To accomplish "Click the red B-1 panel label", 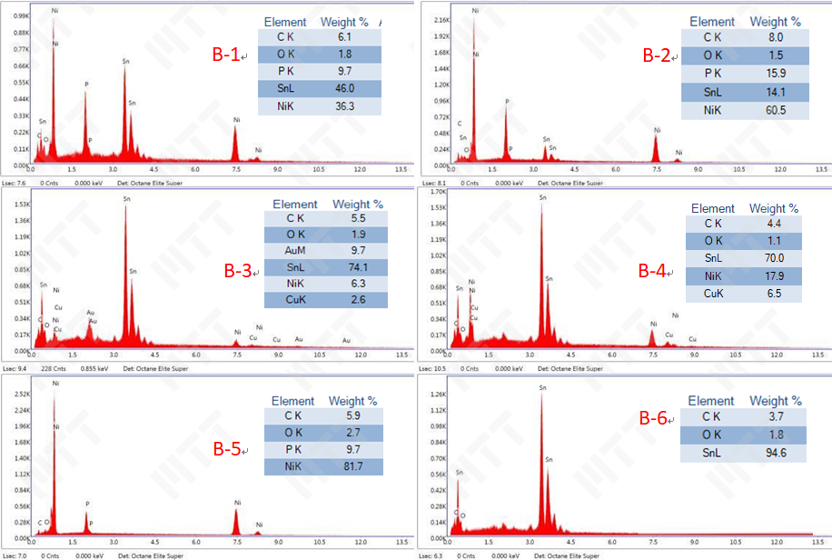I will coord(226,55).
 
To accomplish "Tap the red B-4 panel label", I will coord(651,270).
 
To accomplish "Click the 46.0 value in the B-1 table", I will coord(344,88).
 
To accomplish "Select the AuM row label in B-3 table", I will coord(295,249).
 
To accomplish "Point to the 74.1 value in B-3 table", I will coord(358,267).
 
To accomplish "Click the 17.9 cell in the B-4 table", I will coord(774,276).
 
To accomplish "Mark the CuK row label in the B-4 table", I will coord(713,294).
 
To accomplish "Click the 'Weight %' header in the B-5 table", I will coord(353,400).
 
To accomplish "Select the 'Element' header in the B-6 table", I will coord(710,400).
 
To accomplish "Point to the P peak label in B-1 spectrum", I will coord(86,85).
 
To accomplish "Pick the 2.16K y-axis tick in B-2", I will coord(442,19).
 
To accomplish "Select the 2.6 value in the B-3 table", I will coord(358,300).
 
